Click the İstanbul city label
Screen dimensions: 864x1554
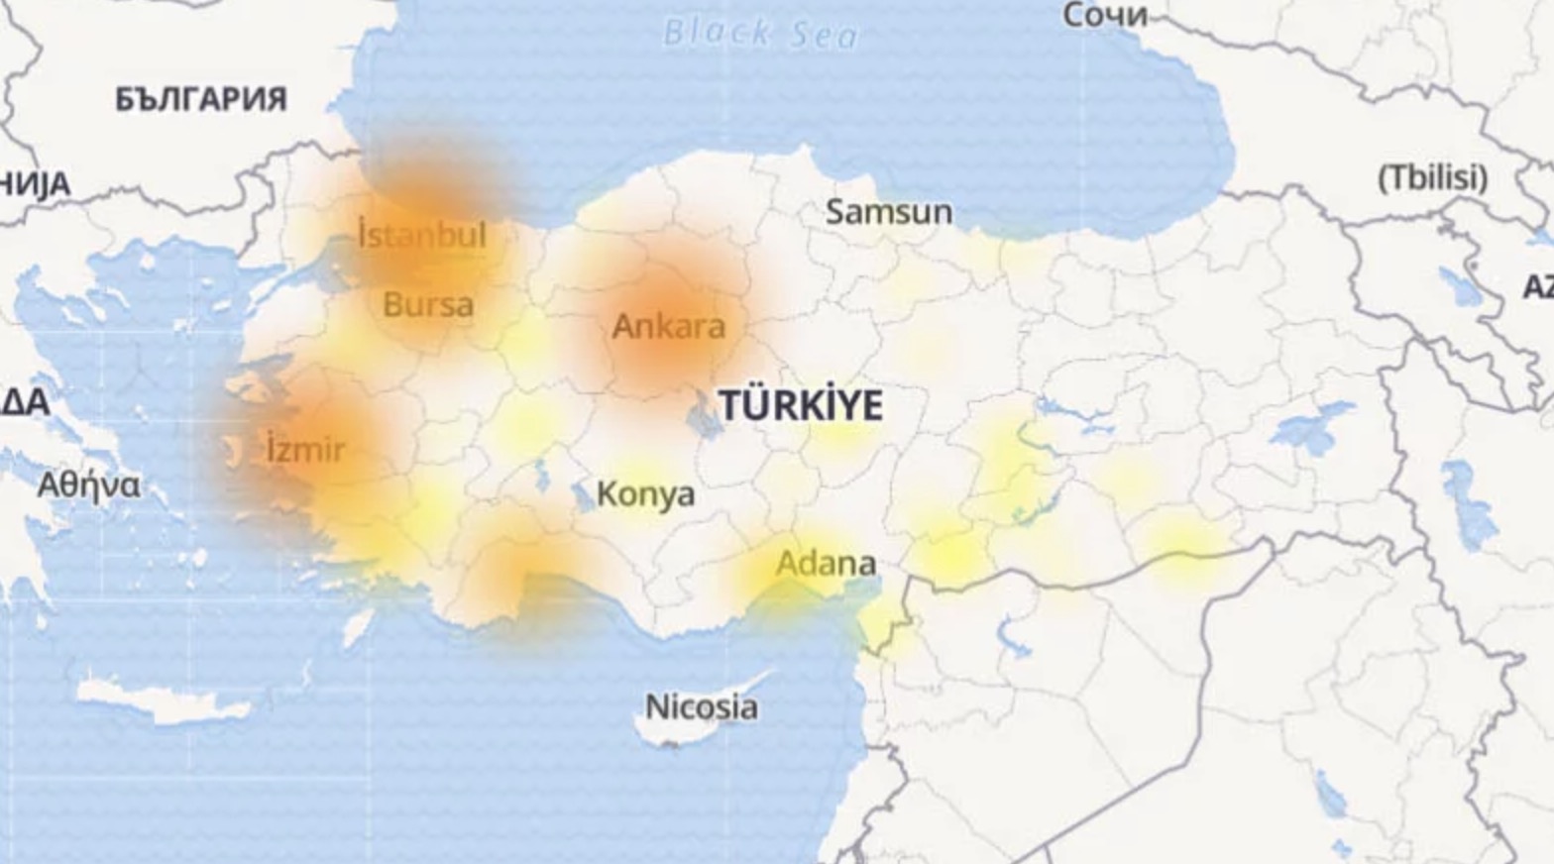(422, 236)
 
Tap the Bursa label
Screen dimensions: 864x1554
(428, 304)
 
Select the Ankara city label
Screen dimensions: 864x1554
(669, 326)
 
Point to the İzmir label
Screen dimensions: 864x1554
(306, 450)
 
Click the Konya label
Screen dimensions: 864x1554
(645, 493)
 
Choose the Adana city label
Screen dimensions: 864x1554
(826, 564)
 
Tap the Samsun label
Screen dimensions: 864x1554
(889, 211)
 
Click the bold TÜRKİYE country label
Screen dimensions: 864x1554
(801, 406)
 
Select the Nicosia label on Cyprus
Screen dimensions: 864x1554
(702, 707)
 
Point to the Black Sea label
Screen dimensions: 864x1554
(760, 34)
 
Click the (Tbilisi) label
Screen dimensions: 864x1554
(1433, 178)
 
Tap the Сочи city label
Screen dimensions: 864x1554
(1105, 15)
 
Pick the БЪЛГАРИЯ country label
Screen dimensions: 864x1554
(201, 99)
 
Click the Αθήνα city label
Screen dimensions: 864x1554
(89, 486)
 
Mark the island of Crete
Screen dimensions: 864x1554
(164, 702)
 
